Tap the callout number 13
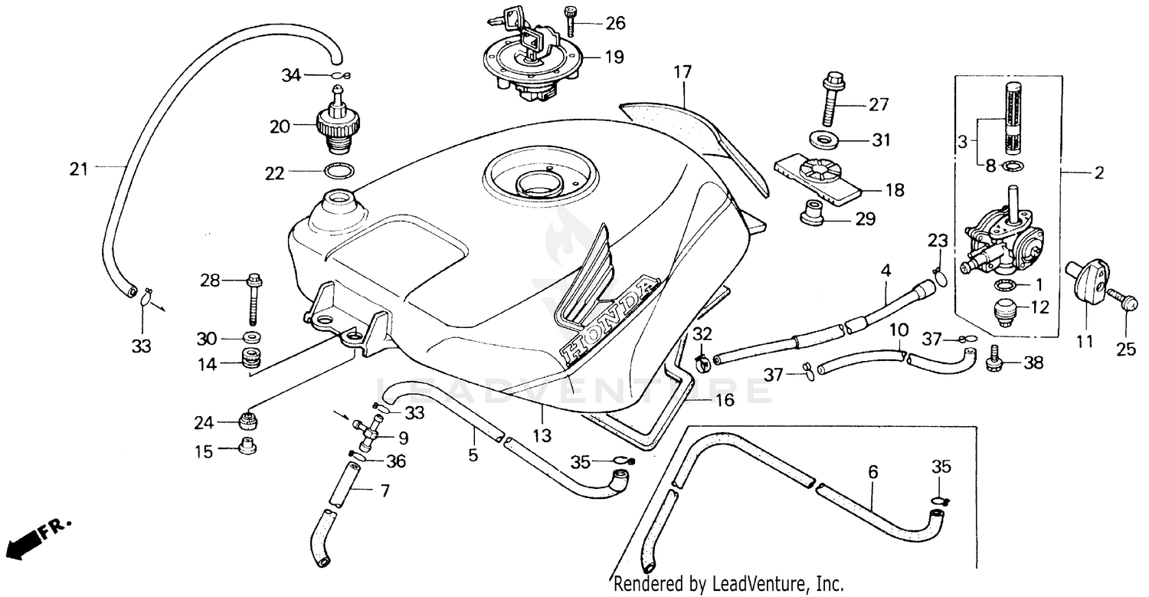542,436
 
